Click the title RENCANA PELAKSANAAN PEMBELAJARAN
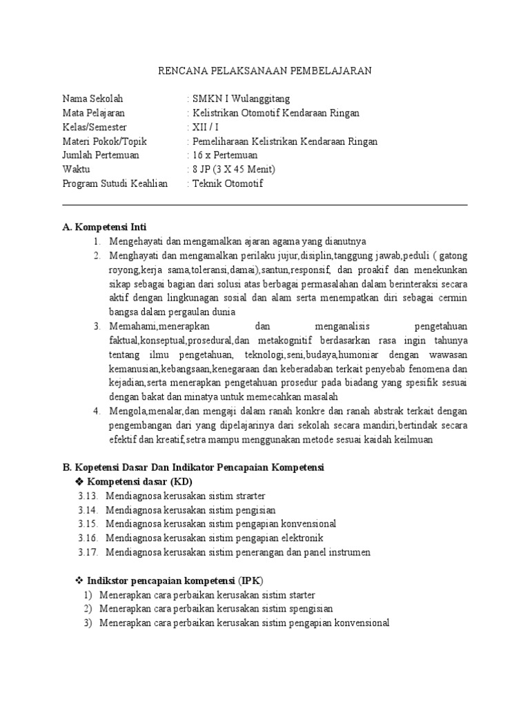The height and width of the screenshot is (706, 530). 265,71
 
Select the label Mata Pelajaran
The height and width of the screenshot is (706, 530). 94,113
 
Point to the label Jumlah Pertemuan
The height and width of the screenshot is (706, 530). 101,155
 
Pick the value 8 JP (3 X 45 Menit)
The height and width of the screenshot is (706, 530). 234,170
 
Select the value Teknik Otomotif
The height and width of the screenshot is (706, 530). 228,184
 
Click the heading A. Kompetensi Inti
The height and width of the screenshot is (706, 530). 104,227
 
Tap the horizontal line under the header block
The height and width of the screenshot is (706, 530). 265,205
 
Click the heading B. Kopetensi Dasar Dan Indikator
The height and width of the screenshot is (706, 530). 193,467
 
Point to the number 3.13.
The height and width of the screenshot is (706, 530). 88,496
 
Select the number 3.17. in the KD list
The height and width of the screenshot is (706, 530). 88,552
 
